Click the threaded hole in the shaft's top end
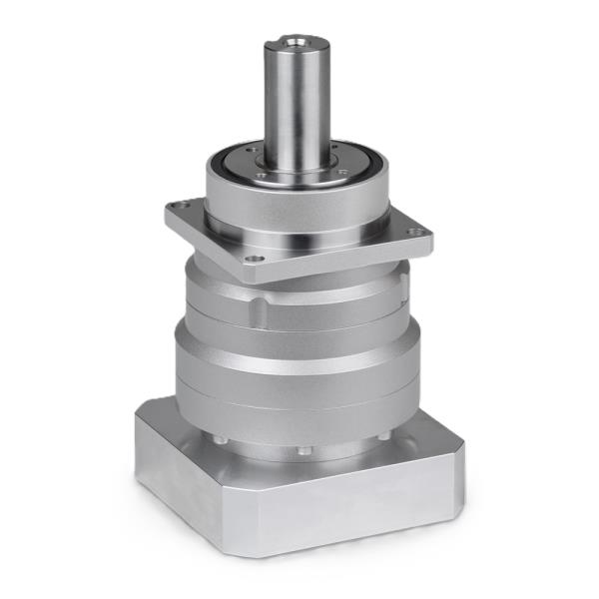pyautogui.click(x=297, y=44)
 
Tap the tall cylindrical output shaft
pyautogui.click(x=297, y=100)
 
